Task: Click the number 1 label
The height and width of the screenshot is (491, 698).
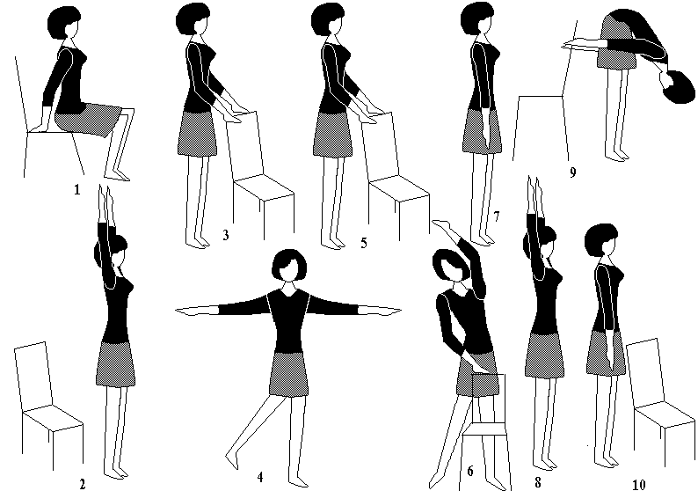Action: pos(77,190)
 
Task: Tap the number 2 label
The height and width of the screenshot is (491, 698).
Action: pos(82,484)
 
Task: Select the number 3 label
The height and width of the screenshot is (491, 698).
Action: pos(226,235)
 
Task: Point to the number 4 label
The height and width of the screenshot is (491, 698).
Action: pos(260,477)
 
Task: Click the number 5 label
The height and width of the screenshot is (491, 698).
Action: pos(364,243)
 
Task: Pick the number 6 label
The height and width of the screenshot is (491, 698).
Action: pos(470,471)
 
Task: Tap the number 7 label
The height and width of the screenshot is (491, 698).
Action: pos(497,216)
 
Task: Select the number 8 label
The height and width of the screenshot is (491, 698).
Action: pos(538,482)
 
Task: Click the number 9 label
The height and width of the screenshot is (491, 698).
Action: pos(573,172)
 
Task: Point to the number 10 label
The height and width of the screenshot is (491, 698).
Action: pos(638,484)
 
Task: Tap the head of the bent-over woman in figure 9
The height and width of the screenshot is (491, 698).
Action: pos(677,87)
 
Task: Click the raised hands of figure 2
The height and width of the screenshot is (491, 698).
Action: pos(104,202)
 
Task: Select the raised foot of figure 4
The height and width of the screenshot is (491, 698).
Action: pos(231,461)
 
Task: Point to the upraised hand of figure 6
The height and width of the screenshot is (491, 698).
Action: pos(444,225)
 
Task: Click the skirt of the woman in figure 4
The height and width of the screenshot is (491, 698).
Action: pos(288,373)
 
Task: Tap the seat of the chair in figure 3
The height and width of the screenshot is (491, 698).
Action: pos(264,188)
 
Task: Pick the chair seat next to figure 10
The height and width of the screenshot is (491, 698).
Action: pos(665,414)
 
